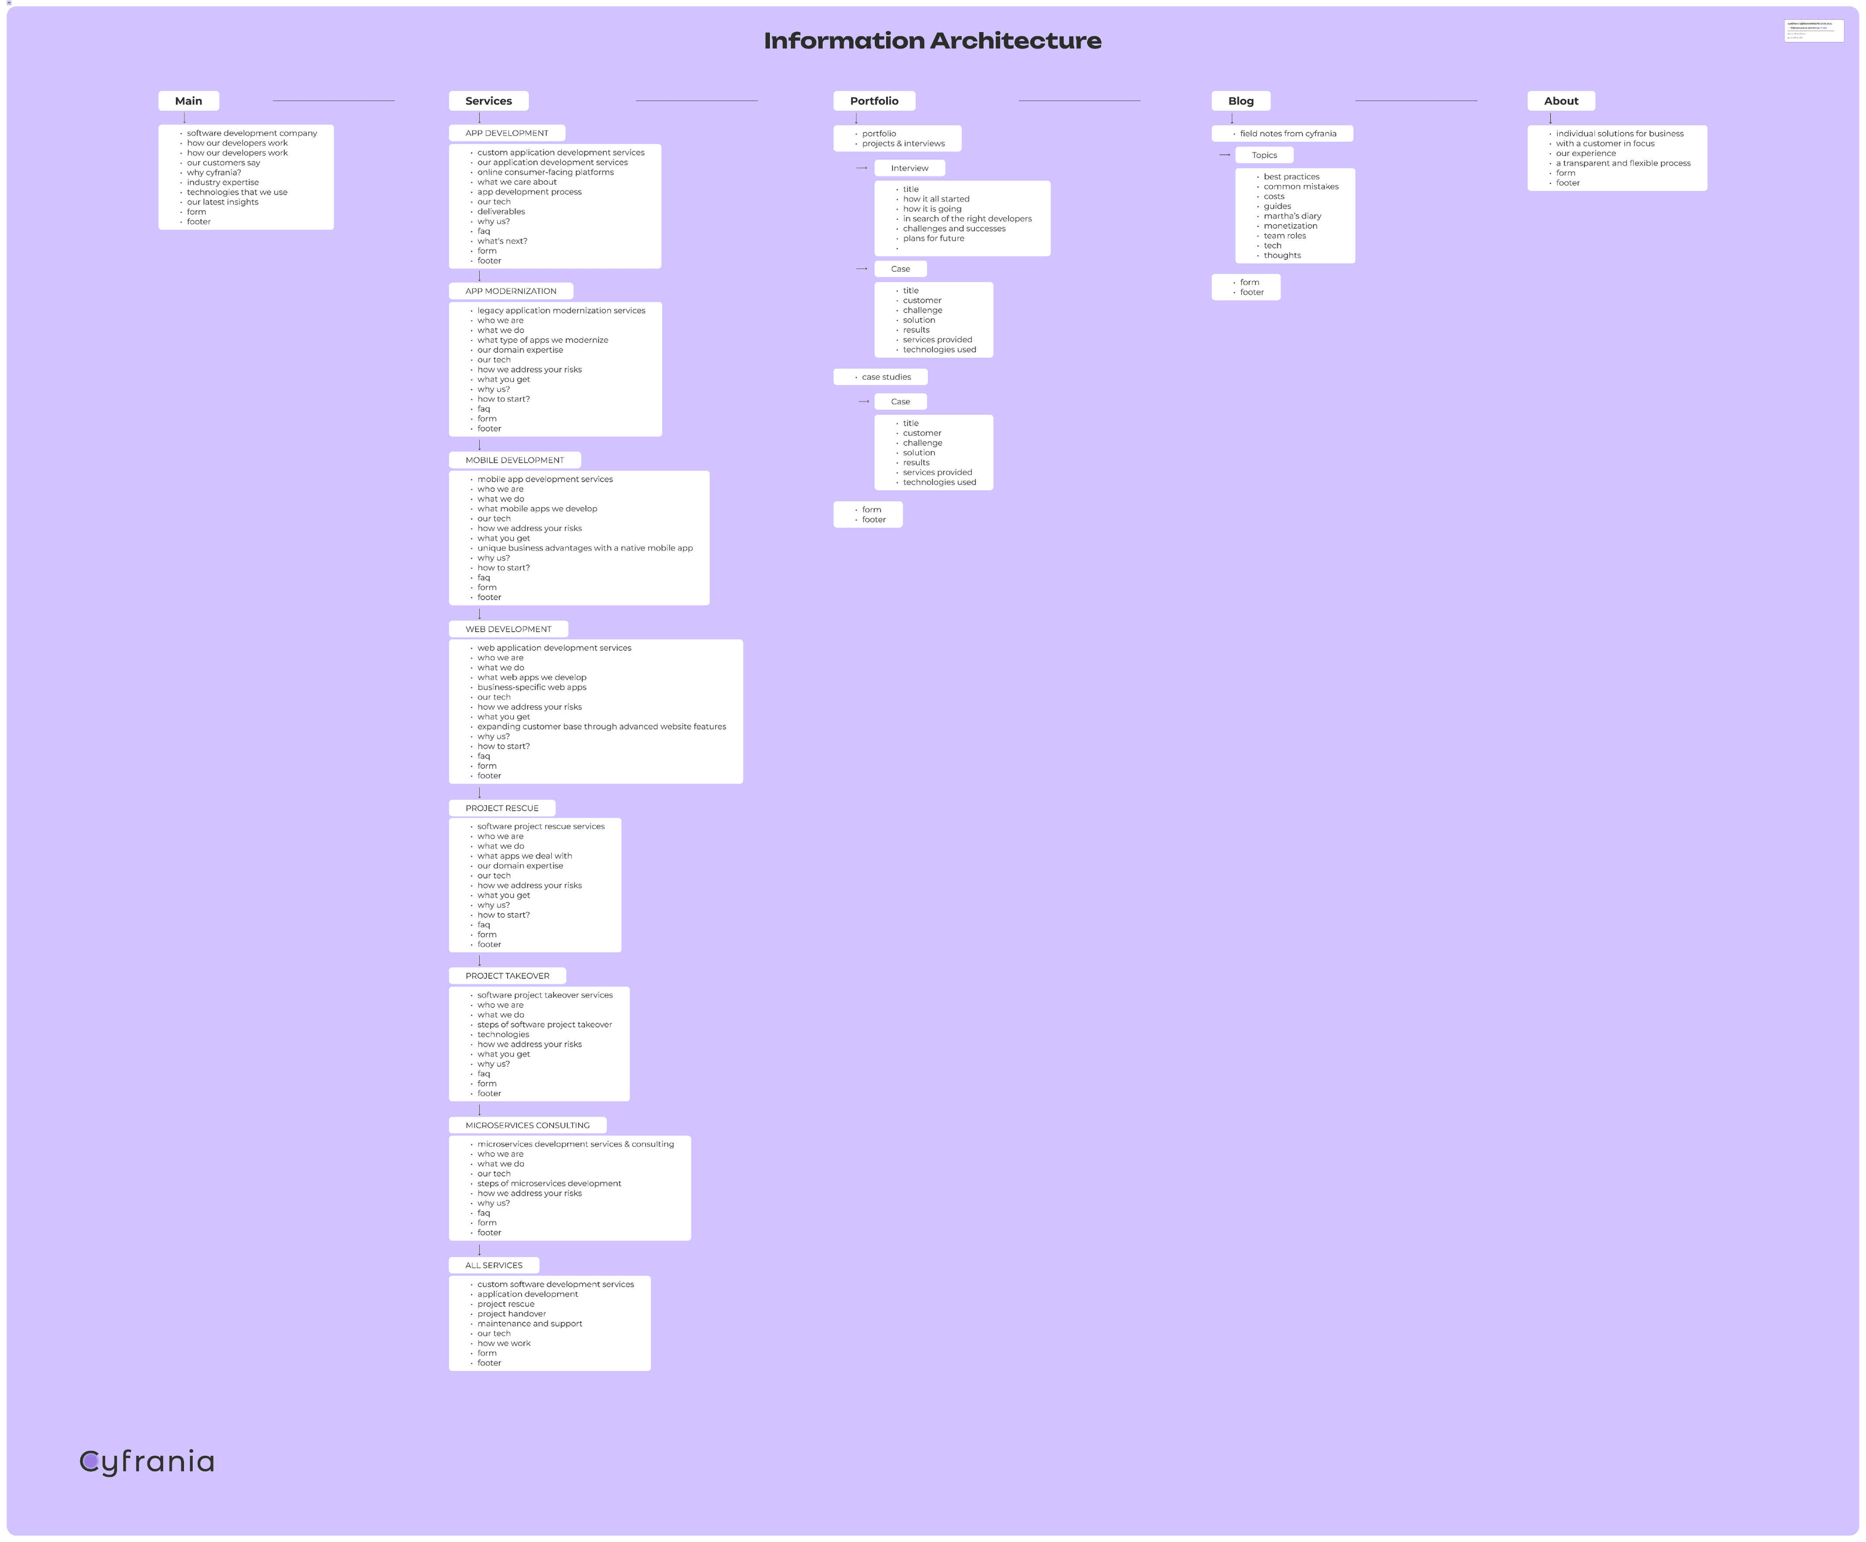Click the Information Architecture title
[x=933, y=41]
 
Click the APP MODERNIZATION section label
[x=511, y=291]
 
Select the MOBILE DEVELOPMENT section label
[x=514, y=460]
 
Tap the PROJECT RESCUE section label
[x=502, y=808]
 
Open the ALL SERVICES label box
[x=494, y=1265]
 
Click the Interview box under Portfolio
[x=909, y=168]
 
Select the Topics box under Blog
[x=1264, y=156]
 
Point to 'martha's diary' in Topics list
[x=1292, y=216]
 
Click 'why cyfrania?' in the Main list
[x=214, y=172]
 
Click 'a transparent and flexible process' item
[x=1623, y=163]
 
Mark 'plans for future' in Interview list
[x=933, y=238]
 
